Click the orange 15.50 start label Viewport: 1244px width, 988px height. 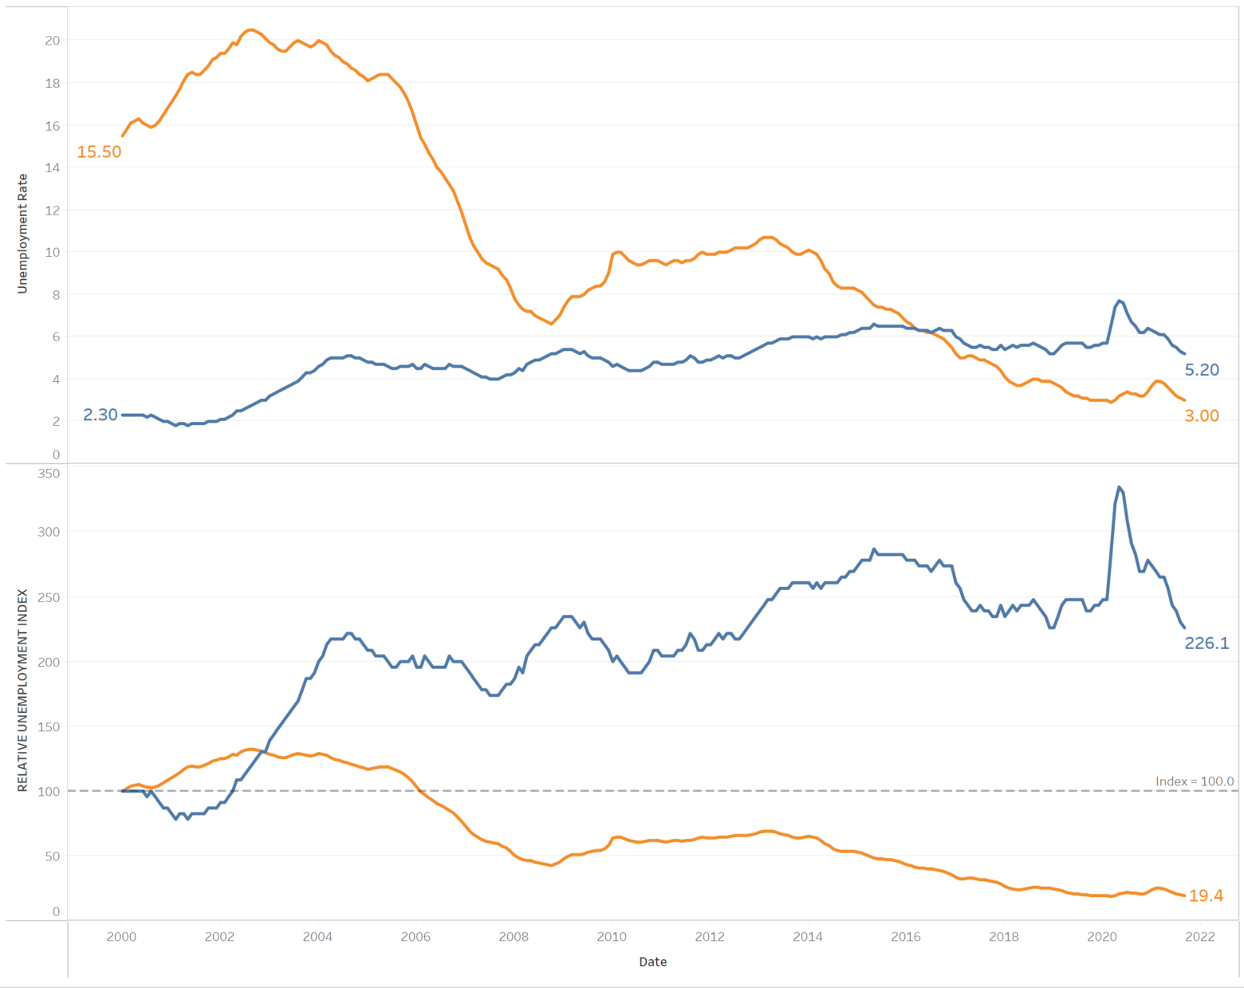click(x=99, y=152)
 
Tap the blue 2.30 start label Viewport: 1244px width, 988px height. click(x=100, y=415)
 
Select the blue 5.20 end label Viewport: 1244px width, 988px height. click(x=1202, y=370)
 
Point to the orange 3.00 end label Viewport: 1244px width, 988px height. click(x=1201, y=415)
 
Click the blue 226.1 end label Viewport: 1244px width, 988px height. click(x=1207, y=643)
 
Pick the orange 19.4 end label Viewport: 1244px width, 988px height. click(x=1206, y=895)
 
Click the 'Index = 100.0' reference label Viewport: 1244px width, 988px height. click(x=1194, y=781)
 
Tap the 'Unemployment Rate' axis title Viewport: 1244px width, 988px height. click(x=22, y=234)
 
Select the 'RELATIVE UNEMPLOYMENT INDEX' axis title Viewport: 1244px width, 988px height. click(x=22, y=691)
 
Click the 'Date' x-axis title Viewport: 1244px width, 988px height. click(x=652, y=962)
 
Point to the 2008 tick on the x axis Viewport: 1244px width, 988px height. click(x=514, y=937)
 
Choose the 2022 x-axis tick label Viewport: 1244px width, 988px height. click(x=1200, y=937)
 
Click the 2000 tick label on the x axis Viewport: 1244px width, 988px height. click(x=121, y=937)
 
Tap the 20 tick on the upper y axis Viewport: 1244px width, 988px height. click(x=53, y=41)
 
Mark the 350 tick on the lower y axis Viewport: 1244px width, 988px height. click(x=49, y=474)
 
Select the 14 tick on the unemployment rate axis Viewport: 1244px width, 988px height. click(x=53, y=167)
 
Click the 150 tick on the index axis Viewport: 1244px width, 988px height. click(x=49, y=726)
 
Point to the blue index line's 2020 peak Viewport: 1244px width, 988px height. click(x=1119, y=487)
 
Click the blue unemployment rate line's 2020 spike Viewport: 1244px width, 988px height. click(x=1120, y=301)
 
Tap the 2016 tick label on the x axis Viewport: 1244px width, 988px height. click(x=906, y=937)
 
